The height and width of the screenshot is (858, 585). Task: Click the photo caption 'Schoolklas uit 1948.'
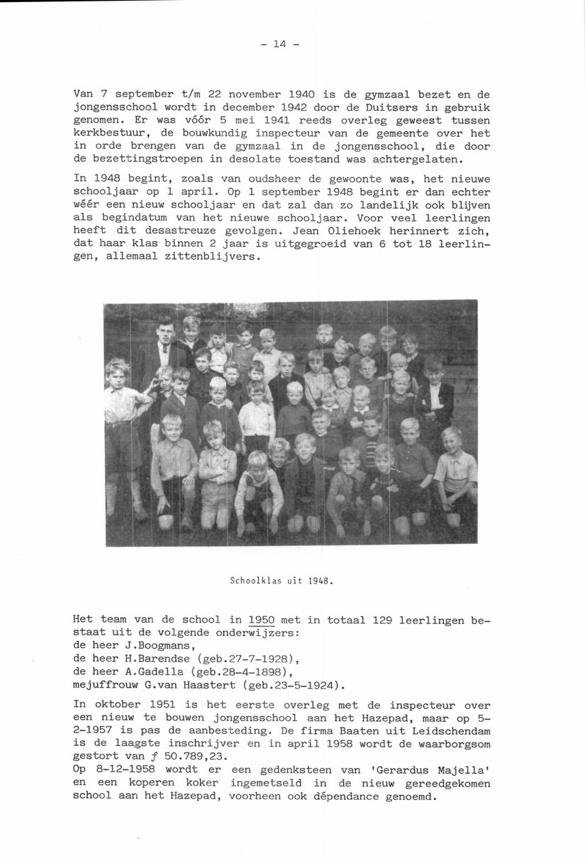(282, 579)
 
